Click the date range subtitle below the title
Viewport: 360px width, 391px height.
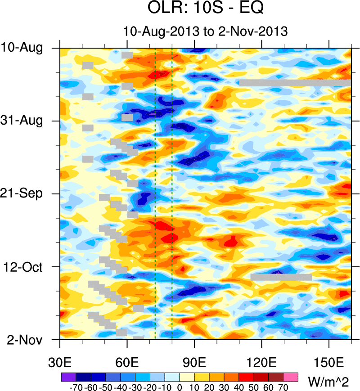coord(205,31)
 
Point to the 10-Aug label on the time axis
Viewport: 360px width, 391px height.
coord(28,48)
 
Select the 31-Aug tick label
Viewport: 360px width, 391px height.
coord(28,121)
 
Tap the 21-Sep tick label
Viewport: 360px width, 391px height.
coord(28,193)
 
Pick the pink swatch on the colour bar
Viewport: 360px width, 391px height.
coord(291,376)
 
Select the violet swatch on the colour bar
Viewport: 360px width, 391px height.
coord(68,376)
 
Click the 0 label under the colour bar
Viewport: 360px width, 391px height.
coord(180,387)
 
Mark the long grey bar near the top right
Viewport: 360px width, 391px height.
coord(295,83)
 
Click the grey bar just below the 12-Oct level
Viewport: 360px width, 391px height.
coord(281,277)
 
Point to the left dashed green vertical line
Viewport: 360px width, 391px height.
coord(155,193)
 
